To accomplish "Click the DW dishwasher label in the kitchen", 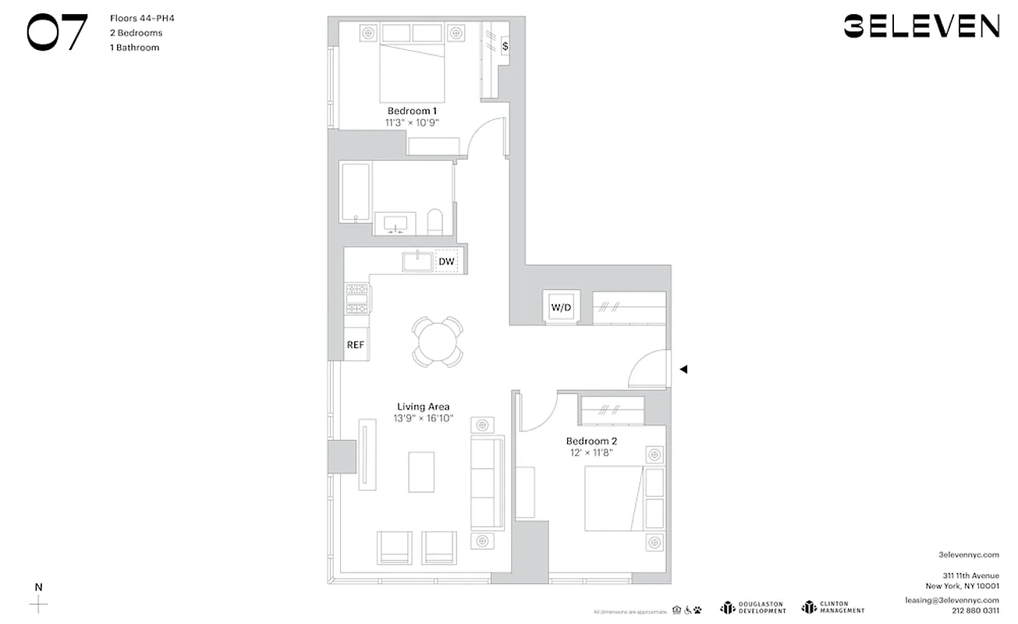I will [446, 261].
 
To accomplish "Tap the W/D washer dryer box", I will [561, 307].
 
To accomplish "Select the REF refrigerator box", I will [355, 344].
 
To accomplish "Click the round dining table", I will [437, 341].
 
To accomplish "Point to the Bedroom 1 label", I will [412, 111].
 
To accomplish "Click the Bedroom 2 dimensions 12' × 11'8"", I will [591, 452].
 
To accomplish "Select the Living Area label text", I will [423, 406].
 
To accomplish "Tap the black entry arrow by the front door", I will [683, 370].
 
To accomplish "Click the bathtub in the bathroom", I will [355, 193].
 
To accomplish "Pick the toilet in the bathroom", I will [435, 222].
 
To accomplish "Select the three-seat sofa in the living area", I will [487, 480].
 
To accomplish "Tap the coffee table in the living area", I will [421, 471].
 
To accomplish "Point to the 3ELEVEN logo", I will [921, 26].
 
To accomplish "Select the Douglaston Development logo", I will [753, 607].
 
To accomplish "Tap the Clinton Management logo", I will [833, 607].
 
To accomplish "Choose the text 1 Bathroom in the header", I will [135, 48].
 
